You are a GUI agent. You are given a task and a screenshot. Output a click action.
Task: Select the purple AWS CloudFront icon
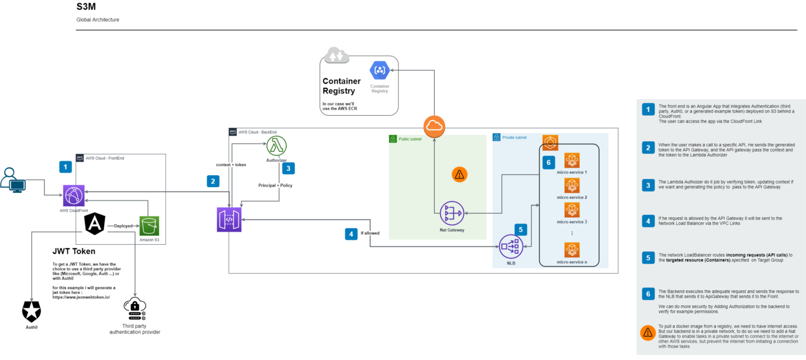tap(74, 195)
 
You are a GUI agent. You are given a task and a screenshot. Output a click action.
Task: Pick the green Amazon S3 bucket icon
tap(149, 226)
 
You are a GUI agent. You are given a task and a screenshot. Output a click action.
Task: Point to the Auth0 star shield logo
tap(32, 312)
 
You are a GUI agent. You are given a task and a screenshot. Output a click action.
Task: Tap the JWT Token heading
tap(74, 251)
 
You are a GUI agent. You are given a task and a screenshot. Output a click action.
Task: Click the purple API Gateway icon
tap(229, 219)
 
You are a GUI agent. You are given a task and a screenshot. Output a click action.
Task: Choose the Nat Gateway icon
tap(451, 213)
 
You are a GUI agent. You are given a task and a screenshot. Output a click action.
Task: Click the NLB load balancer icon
tap(511, 247)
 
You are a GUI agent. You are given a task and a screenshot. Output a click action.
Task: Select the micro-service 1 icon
tap(572, 160)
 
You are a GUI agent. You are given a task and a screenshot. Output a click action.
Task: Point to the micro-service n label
tap(571, 262)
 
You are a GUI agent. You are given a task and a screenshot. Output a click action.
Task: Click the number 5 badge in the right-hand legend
tap(648, 257)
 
